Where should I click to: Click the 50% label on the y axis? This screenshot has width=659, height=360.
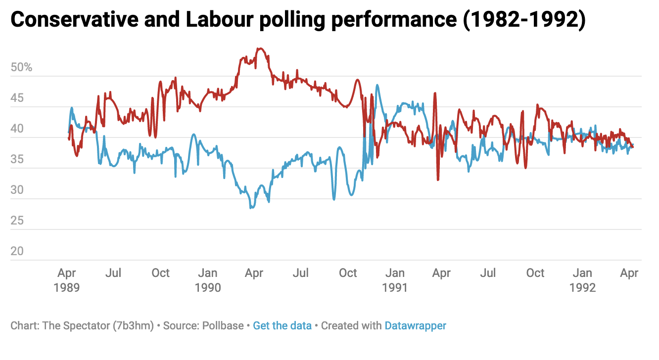21,67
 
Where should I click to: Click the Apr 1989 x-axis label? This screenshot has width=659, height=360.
67,280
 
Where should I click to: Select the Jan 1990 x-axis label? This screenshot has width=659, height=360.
208,280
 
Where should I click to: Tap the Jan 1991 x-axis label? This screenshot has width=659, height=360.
395,280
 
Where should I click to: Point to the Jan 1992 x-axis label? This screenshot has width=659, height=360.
582,280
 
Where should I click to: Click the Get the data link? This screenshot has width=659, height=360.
282,325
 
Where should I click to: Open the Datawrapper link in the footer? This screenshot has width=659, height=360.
415,325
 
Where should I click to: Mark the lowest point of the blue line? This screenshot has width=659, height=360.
251,208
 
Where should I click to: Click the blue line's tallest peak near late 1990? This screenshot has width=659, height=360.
377,85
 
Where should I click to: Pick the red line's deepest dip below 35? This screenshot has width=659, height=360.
438,180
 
